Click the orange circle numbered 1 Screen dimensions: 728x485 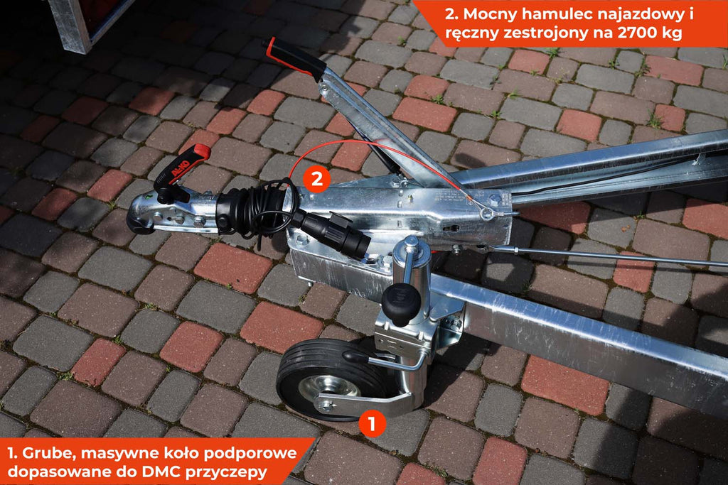pos(372,423)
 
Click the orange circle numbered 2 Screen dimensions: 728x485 pos(316,179)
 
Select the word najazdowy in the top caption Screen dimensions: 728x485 pos(641,15)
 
